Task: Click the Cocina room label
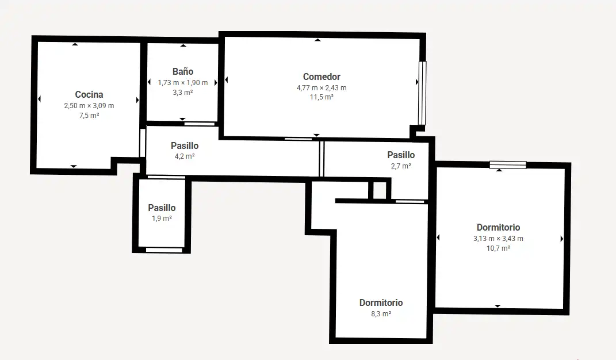click(89, 94)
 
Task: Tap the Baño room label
click(183, 71)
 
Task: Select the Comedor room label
click(322, 76)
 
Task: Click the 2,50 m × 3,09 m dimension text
click(89, 105)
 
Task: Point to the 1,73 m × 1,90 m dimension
click(183, 83)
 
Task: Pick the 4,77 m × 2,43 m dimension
click(322, 87)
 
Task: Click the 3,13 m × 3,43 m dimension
click(498, 238)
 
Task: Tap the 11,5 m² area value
click(322, 97)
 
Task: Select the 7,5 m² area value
click(89, 115)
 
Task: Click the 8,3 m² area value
click(381, 313)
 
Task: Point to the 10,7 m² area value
click(498, 248)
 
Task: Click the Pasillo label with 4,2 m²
click(185, 146)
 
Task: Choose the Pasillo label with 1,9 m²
click(162, 208)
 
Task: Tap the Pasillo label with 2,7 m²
click(401, 155)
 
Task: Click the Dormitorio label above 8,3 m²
click(381, 302)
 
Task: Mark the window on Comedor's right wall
click(422, 93)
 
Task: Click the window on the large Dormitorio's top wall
click(507, 165)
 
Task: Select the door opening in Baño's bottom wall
click(200, 124)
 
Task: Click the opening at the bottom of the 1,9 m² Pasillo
click(164, 250)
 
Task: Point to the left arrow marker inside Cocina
click(39, 99)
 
